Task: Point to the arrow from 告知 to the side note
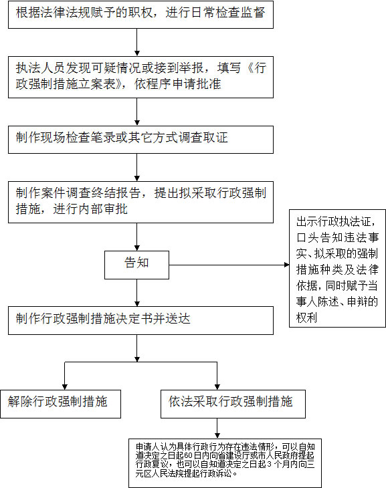(x=229, y=265)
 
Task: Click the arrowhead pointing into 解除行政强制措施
(x=65, y=387)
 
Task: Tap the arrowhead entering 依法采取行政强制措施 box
(x=217, y=387)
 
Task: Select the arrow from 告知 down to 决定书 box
(x=136, y=293)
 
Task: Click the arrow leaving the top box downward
(x=136, y=42)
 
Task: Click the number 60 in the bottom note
(x=189, y=456)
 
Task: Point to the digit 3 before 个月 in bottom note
(x=270, y=465)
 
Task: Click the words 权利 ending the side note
(x=306, y=318)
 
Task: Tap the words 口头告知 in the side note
(x=318, y=238)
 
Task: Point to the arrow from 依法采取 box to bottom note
(x=217, y=429)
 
